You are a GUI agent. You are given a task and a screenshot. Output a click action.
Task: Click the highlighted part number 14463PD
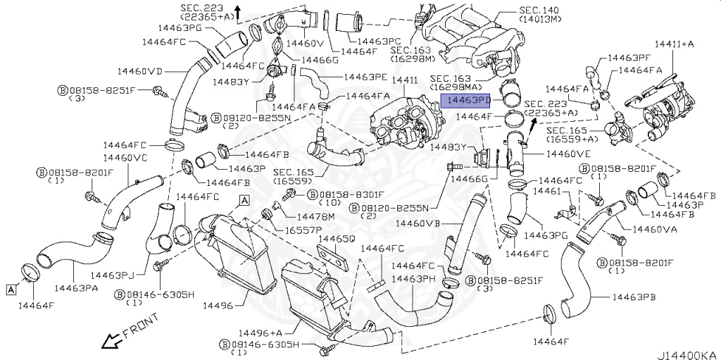pos(465,101)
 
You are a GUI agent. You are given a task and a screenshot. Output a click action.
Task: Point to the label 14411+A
pos(674,44)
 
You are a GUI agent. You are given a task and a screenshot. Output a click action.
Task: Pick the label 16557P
pos(303,230)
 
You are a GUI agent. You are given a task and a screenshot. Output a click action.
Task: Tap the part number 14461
pos(546,192)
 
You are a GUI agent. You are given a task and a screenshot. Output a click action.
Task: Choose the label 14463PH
pos(415,279)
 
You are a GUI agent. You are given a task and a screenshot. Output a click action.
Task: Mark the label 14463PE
pos(365,76)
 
